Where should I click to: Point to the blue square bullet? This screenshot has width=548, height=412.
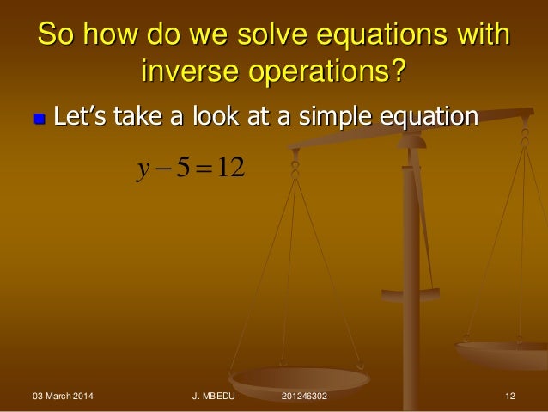tap(37, 115)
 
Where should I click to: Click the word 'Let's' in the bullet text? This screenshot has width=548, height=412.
tap(82, 114)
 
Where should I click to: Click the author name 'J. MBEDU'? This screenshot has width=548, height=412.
tap(219, 397)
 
